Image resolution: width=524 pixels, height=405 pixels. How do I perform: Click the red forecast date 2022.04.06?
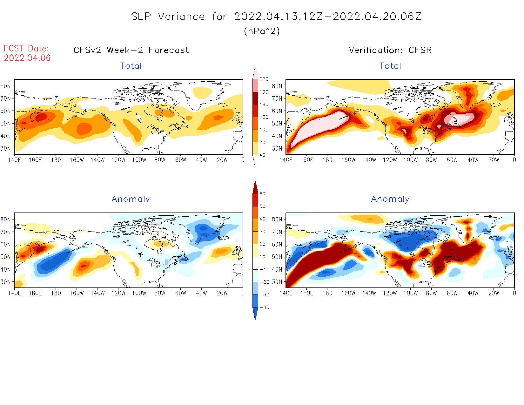pos(27,58)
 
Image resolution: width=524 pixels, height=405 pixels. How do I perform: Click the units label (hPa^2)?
pos(262,31)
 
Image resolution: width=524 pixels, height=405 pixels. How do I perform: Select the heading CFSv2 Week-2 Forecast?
pos(131,50)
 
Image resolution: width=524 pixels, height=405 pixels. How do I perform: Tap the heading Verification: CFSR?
pos(390,50)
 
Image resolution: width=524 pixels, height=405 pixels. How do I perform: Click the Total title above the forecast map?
pos(131,66)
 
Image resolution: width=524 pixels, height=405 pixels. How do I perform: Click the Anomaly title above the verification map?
pos(390,199)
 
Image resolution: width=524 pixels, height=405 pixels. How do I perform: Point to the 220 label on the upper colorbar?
pos(264,79)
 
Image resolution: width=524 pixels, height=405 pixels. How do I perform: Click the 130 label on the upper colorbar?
pos(264,117)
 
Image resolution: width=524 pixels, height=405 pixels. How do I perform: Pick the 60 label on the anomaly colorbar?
pos(262,194)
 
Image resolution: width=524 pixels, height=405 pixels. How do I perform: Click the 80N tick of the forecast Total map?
pos(5,86)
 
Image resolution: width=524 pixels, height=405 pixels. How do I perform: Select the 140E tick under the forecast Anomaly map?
pos(14,294)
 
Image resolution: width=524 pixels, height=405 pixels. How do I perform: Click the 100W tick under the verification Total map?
pos(411,160)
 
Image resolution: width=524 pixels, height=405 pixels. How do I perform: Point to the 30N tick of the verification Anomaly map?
pos(277,282)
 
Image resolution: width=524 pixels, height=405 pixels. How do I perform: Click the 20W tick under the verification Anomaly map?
pos(494,294)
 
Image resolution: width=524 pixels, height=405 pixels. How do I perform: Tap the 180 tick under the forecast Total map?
pos(56,160)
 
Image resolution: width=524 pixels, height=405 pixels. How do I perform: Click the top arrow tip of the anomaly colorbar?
pos(255,182)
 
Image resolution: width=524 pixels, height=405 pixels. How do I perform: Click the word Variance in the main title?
pos(181,17)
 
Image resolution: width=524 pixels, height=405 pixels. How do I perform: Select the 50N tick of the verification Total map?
pos(277,124)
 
